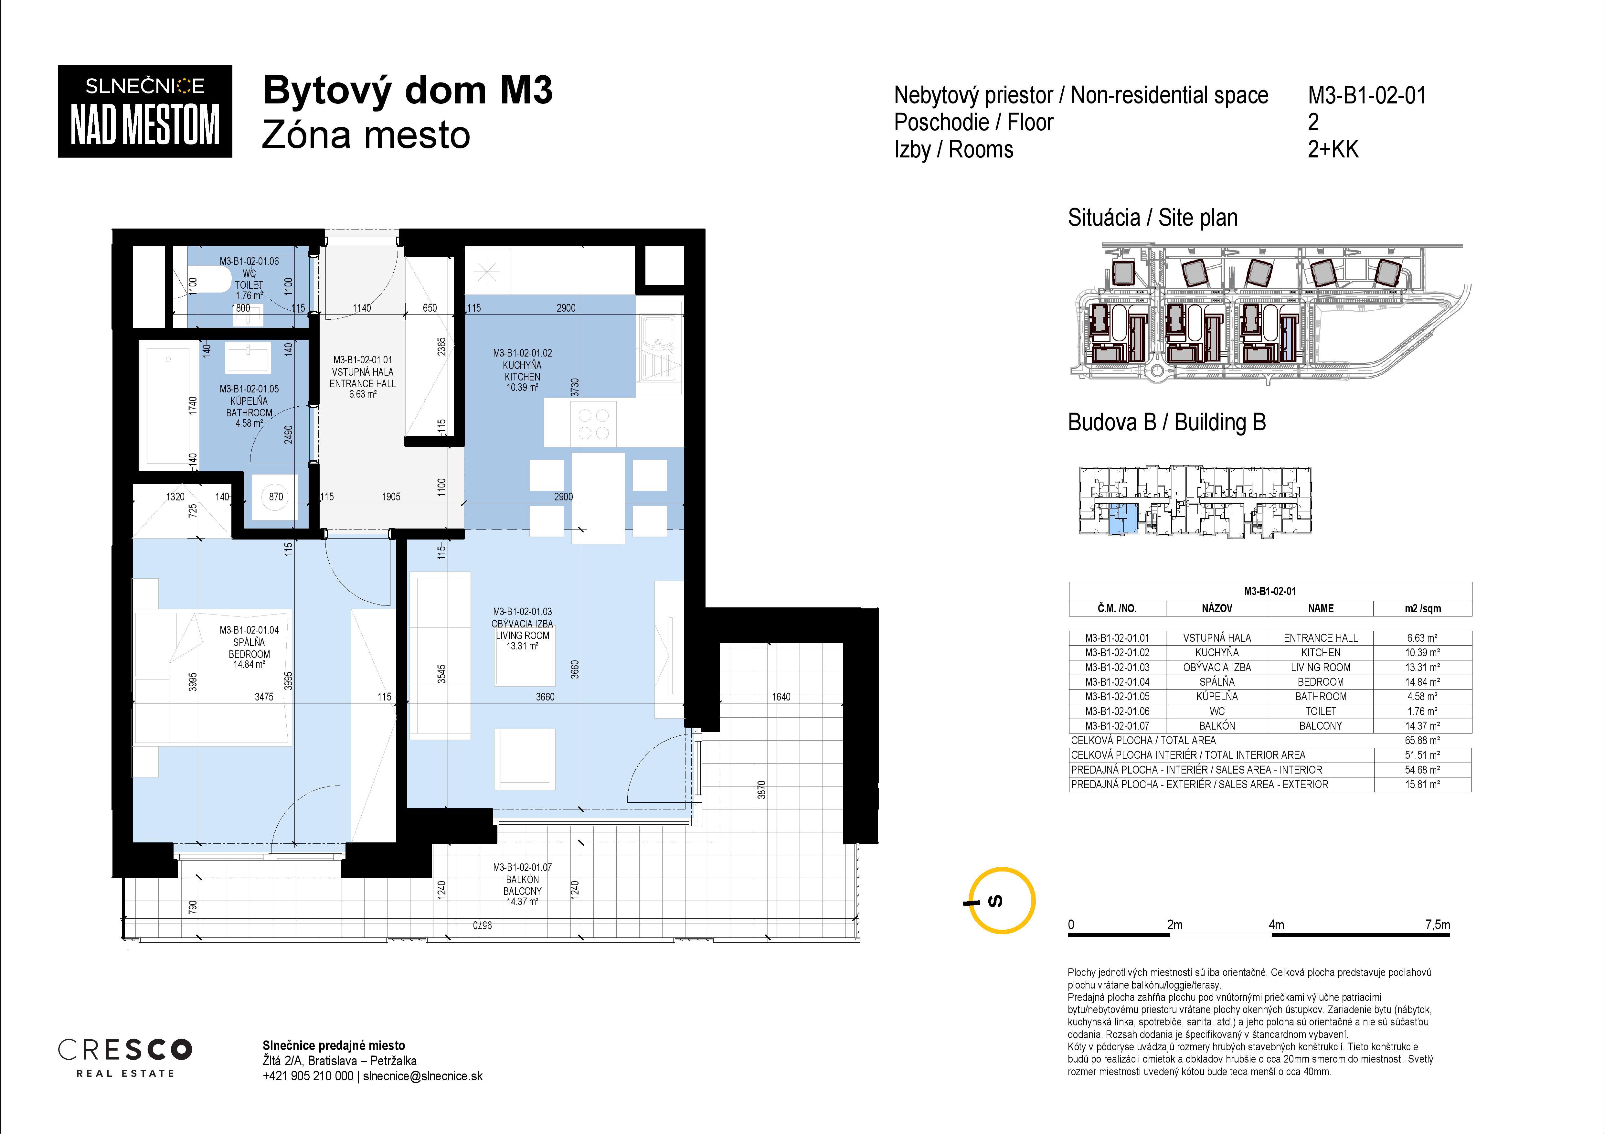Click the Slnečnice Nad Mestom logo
(x=144, y=111)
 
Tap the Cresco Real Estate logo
(x=125, y=1057)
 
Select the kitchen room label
(x=523, y=370)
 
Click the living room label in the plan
(x=523, y=629)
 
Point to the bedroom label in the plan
(x=250, y=647)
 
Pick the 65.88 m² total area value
(x=1422, y=740)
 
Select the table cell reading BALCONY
(x=1320, y=725)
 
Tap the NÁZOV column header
(x=1217, y=608)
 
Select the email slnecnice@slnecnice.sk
(x=423, y=1076)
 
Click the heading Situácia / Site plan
(x=1153, y=218)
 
